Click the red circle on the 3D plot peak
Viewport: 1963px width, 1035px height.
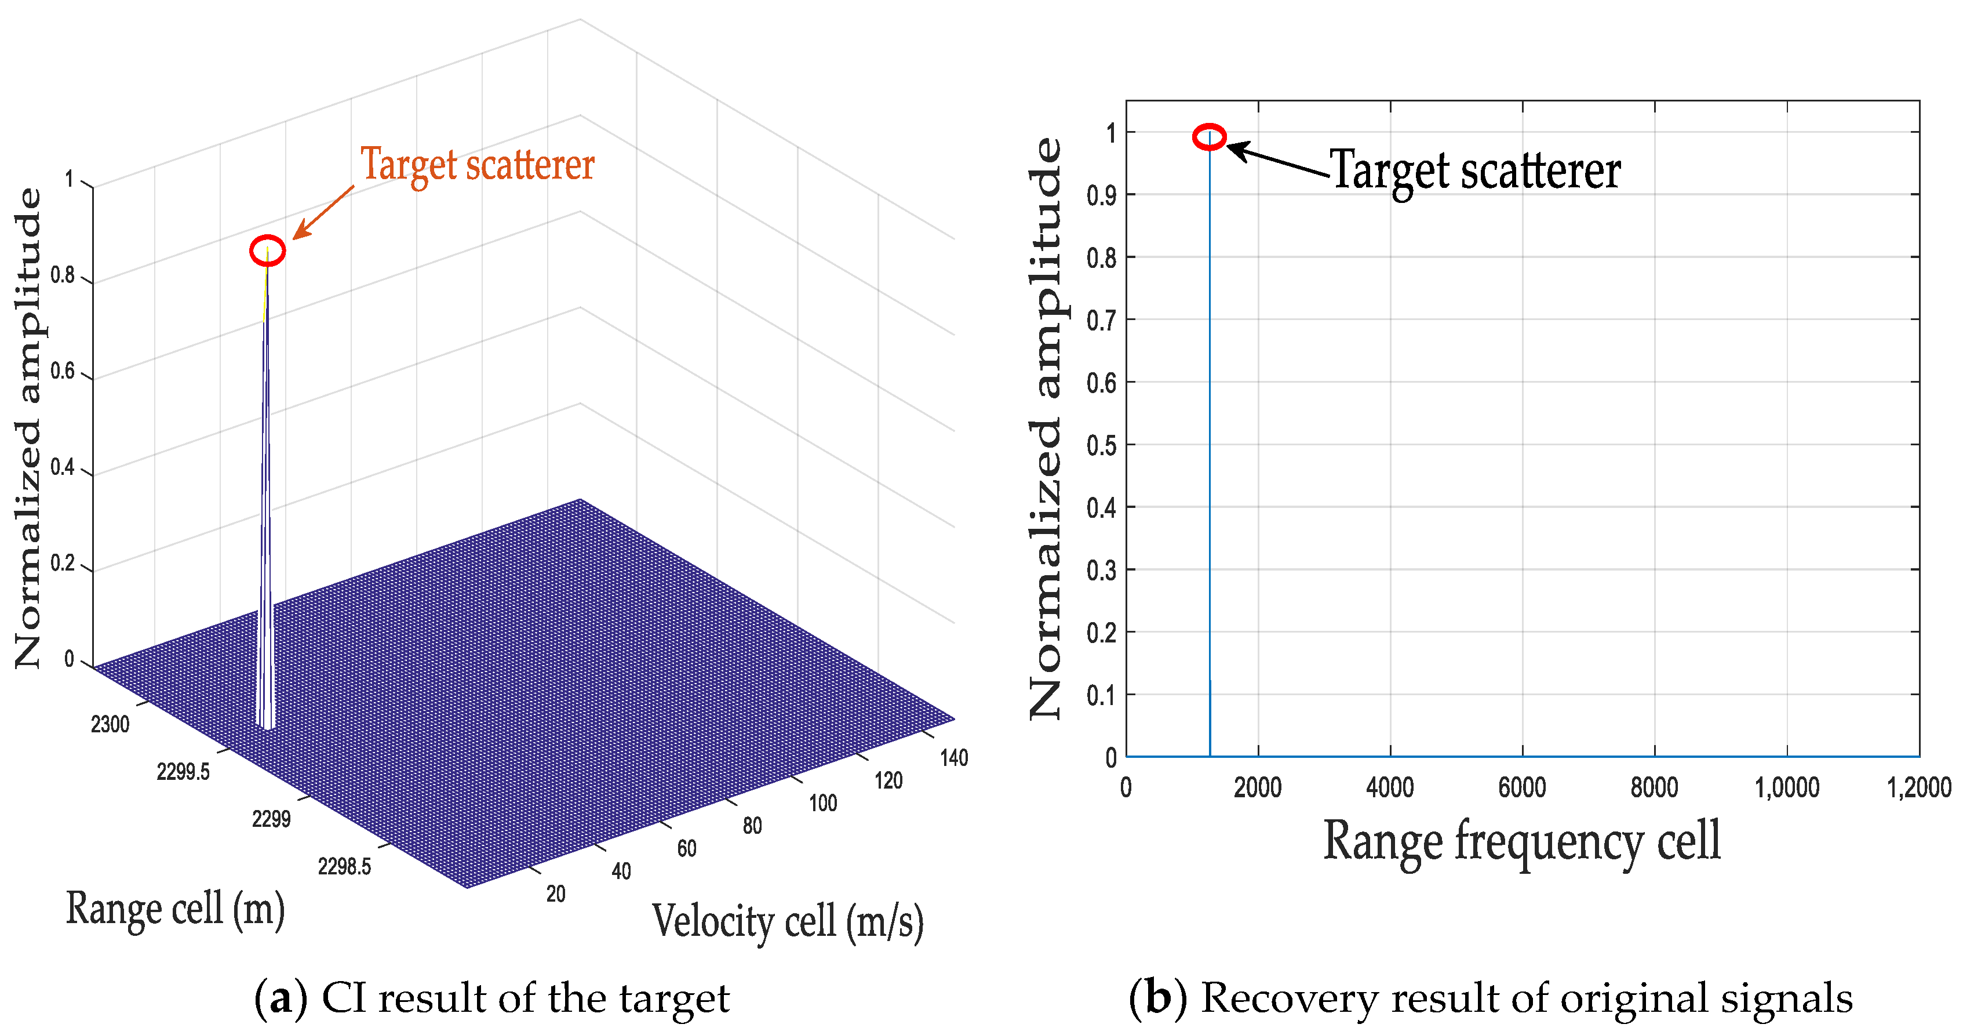[268, 250]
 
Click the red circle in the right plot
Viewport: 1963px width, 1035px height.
[1210, 137]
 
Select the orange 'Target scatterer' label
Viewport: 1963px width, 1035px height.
[477, 165]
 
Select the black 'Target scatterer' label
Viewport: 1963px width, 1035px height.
[1476, 170]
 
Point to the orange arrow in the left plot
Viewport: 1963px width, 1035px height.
[323, 212]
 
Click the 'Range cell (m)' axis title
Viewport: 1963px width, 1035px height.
[175, 909]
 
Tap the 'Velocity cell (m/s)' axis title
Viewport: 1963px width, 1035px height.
[787, 921]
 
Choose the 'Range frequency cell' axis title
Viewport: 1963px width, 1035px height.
[1522, 841]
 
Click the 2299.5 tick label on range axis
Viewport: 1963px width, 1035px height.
[183, 772]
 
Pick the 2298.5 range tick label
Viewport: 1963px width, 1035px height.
[344, 867]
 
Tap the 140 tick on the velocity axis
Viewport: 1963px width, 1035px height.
[954, 758]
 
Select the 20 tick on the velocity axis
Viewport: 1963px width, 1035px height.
[556, 894]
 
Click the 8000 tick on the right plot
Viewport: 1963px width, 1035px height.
[1654, 787]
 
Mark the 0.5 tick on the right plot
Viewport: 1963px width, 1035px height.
[1101, 445]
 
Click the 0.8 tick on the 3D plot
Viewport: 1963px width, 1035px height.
[63, 275]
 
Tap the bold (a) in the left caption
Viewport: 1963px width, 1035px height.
[281, 998]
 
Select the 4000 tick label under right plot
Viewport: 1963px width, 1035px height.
[1390, 787]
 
